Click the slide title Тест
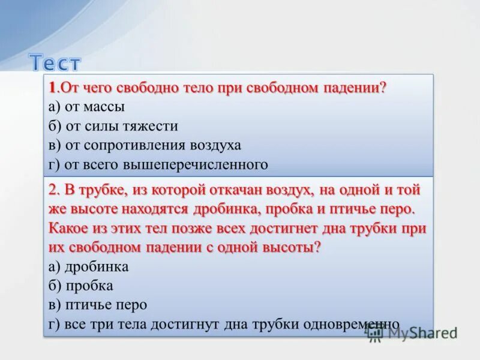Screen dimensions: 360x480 coord(55,62)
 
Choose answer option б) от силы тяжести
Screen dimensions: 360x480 coord(113,126)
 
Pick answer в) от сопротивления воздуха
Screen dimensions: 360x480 coord(145,145)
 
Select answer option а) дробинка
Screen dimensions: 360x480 coord(89,266)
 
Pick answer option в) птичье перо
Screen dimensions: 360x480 coord(98,305)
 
